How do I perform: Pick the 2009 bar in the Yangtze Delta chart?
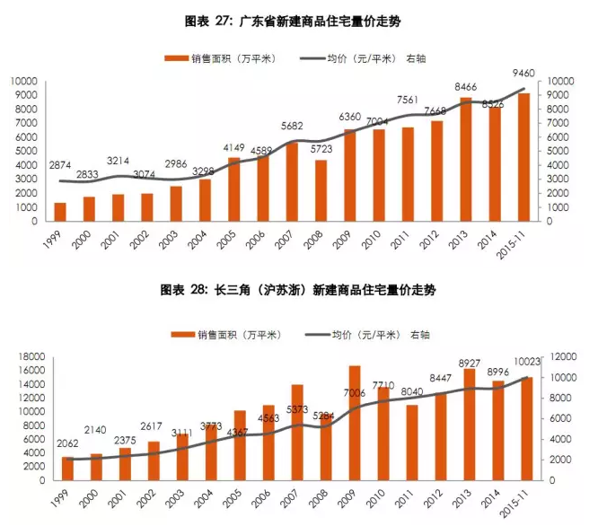355,423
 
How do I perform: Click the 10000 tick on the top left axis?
23,82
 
